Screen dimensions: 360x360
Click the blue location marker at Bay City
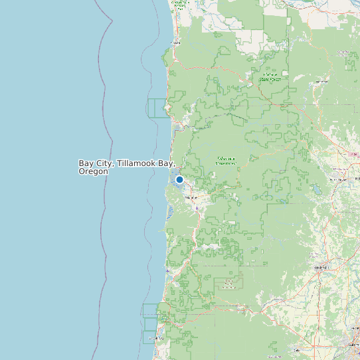179,179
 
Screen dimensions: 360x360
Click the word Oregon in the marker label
93,171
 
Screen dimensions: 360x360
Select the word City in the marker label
102,163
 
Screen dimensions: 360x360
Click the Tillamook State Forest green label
226,161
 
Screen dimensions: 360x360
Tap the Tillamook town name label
193,198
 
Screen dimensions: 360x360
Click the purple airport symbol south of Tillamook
197,208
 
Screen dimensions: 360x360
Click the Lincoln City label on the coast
157,338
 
